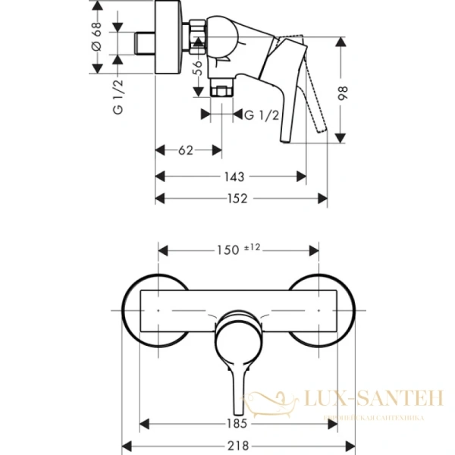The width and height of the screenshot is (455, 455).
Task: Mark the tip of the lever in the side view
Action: (x=285, y=138)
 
